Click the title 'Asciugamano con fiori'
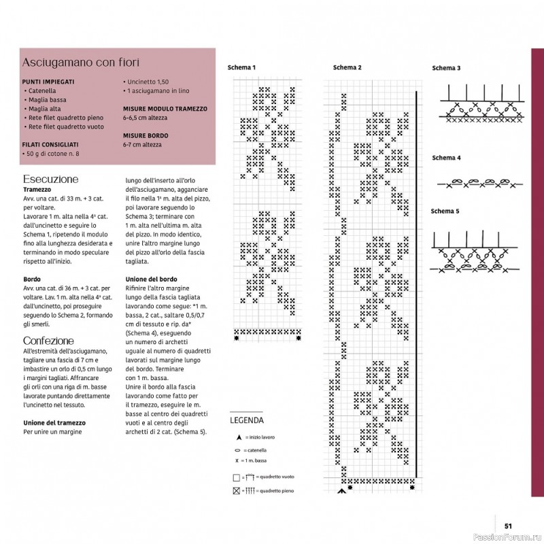click(80, 63)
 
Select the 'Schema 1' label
click(241, 67)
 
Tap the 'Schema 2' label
click(347, 67)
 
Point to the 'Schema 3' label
click(446, 68)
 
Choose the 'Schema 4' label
click(446, 158)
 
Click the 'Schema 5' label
click(445, 211)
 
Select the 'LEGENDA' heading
click(247, 420)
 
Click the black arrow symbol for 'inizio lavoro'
click(239, 437)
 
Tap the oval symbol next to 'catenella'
click(237, 451)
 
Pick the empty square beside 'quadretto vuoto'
click(237, 478)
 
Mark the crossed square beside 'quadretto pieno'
click(237, 491)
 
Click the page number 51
click(508, 526)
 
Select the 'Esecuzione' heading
click(50, 179)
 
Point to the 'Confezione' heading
click(48, 341)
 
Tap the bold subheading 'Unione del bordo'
click(151, 279)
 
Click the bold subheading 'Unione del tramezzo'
click(54, 423)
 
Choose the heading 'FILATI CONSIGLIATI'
click(50, 145)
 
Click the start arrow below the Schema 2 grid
click(342, 491)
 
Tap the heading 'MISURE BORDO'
click(146, 135)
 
